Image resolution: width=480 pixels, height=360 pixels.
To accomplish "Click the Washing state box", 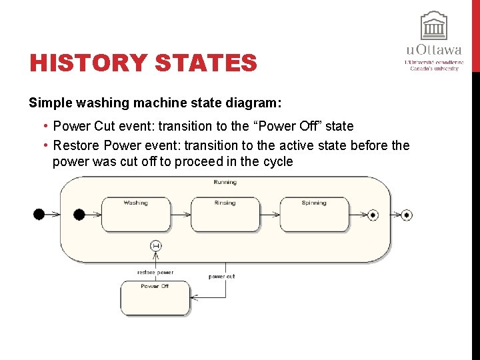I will click(136, 214).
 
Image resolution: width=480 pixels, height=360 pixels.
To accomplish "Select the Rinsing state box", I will click(225, 214).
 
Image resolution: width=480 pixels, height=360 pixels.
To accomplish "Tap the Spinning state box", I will click(313, 214).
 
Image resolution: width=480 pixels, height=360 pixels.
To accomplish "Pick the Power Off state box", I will click(155, 298).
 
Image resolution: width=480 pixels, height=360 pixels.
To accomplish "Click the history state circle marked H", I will click(156, 246).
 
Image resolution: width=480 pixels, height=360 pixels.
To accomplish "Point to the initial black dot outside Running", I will click(39, 214).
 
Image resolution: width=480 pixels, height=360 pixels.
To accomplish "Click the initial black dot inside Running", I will click(79, 214).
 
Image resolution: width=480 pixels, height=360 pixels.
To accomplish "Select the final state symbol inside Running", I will click(373, 215).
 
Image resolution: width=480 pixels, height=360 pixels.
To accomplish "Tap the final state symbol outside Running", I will click(407, 215).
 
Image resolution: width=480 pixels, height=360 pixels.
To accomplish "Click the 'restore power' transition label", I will click(155, 272).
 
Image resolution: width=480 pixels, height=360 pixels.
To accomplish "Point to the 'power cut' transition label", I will click(221, 276).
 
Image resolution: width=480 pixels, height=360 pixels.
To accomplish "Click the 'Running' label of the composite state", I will click(225, 182).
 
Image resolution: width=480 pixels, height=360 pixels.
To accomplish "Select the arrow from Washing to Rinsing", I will click(181, 215).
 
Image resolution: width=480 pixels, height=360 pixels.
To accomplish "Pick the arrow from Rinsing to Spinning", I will click(269, 215).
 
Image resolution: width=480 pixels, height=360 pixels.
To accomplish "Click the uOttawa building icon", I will click(433, 26).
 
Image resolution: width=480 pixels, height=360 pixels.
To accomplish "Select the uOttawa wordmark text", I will click(433, 51).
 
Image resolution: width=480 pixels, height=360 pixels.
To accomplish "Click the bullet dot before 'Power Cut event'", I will click(43, 126).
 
